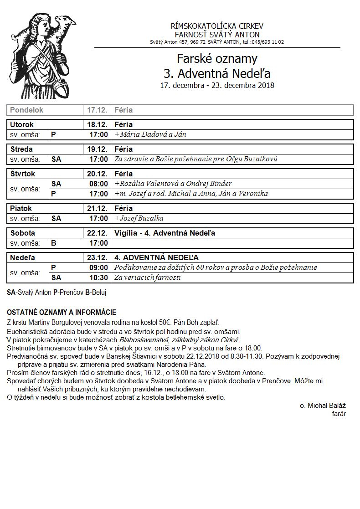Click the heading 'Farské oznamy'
(x=217, y=59)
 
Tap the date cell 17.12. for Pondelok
(x=97, y=110)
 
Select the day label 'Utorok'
(x=22, y=124)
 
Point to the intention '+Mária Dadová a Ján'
(x=150, y=134)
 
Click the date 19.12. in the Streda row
(x=97, y=149)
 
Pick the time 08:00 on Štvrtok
(x=98, y=184)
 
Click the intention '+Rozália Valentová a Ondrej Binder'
(x=173, y=184)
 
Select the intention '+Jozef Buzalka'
(x=139, y=218)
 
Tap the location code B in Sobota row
(x=54, y=243)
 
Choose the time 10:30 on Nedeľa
(x=98, y=278)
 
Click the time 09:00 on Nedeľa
(x=98, y=267)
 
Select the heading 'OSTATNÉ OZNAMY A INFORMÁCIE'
(x=62, y=313)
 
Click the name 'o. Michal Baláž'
(x=323, y=406)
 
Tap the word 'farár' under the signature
(x=339, y=414)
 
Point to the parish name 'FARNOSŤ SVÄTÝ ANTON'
(x=217, y=35)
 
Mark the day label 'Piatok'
(x=21, y=208)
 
